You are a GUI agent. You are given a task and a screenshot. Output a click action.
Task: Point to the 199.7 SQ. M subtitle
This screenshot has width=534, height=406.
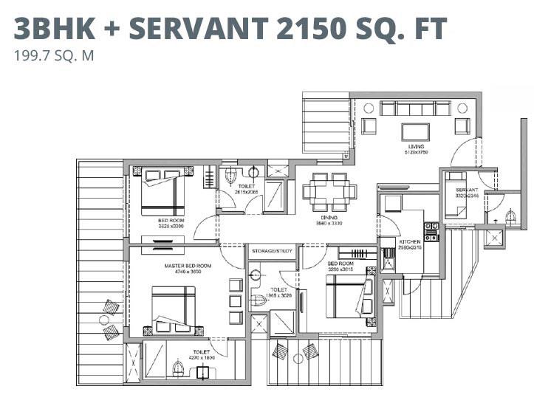click(54, 55)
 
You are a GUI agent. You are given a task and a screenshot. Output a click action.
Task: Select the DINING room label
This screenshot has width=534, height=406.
click(329, 216)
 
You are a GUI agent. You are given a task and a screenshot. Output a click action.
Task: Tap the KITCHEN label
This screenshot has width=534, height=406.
click(410, 241)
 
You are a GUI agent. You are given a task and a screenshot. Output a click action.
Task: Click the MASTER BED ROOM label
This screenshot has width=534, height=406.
click(188, 265)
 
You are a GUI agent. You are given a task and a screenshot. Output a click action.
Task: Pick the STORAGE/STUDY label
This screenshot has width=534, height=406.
click(273, 251)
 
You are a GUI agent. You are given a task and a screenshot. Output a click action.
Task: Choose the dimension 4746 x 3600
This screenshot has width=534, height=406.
click(188, 272)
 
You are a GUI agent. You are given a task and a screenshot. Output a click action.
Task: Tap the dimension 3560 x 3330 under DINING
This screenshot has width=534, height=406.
click(329, 223)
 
